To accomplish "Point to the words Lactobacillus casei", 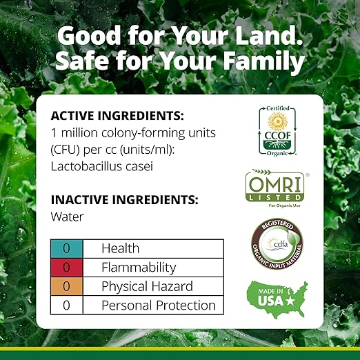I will [101, 166].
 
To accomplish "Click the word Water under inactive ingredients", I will [68, 217].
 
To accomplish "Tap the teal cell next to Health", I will [67, 248].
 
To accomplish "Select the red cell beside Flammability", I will [67, 268].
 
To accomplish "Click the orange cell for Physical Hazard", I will [67, 286].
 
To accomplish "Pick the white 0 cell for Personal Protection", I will [67, 306].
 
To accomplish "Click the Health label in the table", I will [120, 248].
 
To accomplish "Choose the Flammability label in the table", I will [139, 268].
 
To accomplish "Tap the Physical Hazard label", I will [147, 286].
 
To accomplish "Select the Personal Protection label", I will [159, 306].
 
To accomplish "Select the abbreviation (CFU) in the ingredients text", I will [68, 150].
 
